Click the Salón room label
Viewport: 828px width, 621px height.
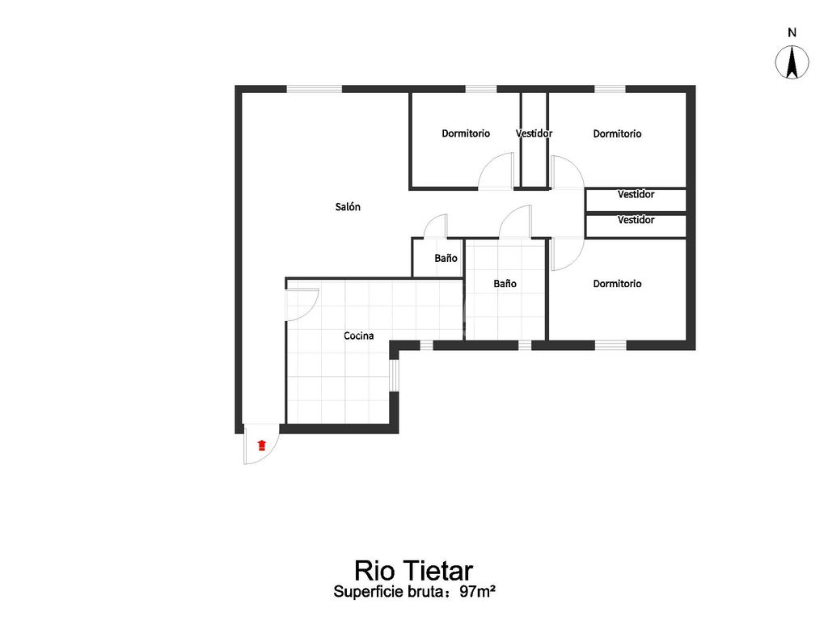tap(348, 207)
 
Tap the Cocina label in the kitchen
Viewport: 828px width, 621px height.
tap(358, 336)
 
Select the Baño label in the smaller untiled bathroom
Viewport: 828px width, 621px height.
tap(446, 259)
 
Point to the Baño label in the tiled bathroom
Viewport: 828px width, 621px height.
tap(505, 284)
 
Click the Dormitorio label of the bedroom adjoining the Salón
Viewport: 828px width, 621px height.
tap(465, 133)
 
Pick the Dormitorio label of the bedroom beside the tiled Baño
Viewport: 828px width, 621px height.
tap(617, 284)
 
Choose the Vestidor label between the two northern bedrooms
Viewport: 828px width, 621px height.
tap(534, 133)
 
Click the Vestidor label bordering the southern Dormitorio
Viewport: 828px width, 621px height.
tap(636, 220)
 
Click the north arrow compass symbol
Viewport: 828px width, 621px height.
tap(792, 63)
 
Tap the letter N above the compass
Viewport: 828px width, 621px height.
tap(792, 33)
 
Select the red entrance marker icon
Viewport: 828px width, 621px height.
tap(261, 445)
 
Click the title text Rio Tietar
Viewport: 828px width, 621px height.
tap(413, 569)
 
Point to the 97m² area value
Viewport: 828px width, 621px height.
tap(477, 592)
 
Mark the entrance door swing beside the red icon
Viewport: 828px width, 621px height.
tap(263, 449)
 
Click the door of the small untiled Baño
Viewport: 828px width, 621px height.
tap(436, 226)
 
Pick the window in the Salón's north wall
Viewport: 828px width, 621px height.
tap(314, 89)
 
